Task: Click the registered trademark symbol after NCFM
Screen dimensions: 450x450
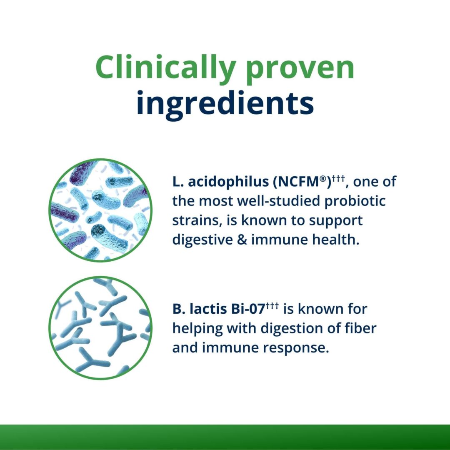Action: (x=322, y=179)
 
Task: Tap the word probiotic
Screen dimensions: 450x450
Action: (x=355, y=201)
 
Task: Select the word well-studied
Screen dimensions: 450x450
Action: (x=278, y=201)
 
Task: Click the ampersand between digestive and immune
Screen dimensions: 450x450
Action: (x=242, y=240)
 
